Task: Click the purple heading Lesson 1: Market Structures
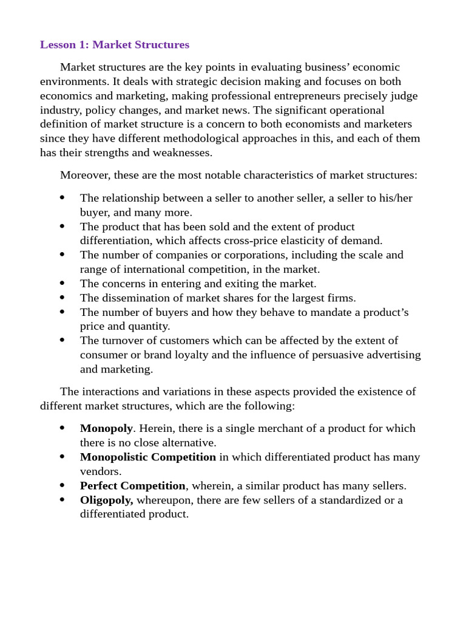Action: [115, 44]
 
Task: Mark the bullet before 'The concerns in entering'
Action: [62, 283]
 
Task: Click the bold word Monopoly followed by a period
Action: [106, 428]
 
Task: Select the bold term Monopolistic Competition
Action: [148, 457]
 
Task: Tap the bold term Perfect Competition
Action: [133, 485]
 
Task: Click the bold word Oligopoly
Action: [106, 500]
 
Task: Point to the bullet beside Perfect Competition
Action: [62, 485]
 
